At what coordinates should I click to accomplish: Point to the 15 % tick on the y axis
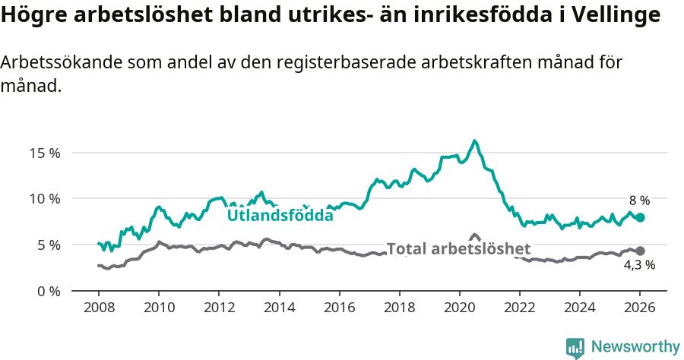(45, 153)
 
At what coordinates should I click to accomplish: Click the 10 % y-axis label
(45, 199)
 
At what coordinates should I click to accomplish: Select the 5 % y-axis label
(48, 245)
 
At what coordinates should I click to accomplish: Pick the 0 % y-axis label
(48, 292)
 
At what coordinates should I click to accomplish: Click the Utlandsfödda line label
(280, 216)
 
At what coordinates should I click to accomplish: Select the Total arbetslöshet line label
(458, 249)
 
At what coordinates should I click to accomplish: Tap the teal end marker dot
(640, 217)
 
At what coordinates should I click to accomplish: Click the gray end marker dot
(640, 251)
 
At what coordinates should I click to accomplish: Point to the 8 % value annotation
(638, 201)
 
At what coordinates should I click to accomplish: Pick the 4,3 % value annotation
(639, 266)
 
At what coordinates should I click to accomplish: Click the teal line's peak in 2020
(474, 141)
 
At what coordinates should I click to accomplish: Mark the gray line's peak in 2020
(474, 235)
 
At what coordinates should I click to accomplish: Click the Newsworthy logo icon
(575, 347)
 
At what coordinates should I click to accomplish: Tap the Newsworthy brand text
(635, 347)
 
